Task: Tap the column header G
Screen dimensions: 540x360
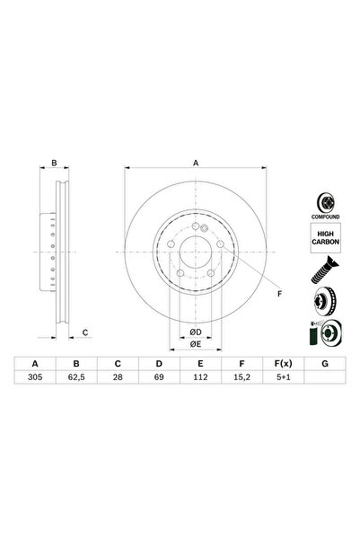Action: click(323, 365)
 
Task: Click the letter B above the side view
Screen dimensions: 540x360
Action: click(54, 164)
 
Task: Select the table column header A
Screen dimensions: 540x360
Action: click(37, 365)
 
